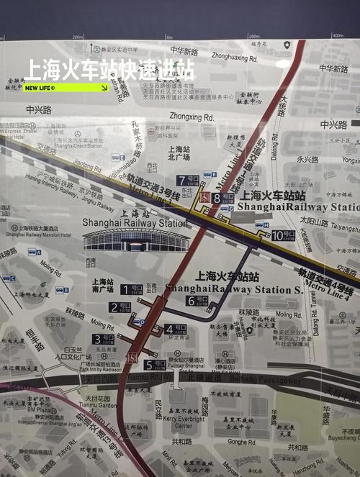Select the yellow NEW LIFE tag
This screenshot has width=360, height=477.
(66, 88)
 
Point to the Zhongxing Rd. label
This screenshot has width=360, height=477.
(192, 117)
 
